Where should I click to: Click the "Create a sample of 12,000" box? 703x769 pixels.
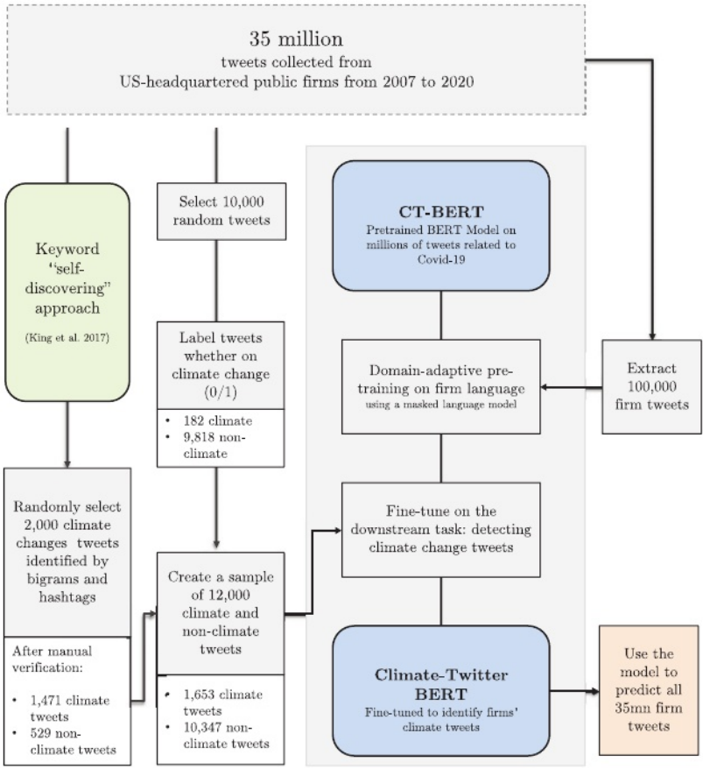221,613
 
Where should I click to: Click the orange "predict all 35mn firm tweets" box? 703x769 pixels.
648,683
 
